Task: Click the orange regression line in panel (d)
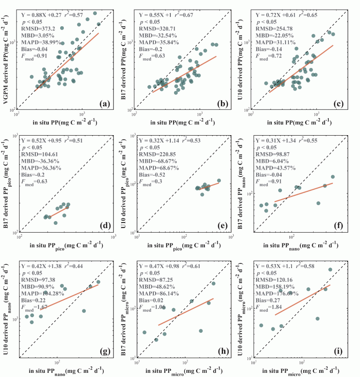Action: [59, 212]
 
